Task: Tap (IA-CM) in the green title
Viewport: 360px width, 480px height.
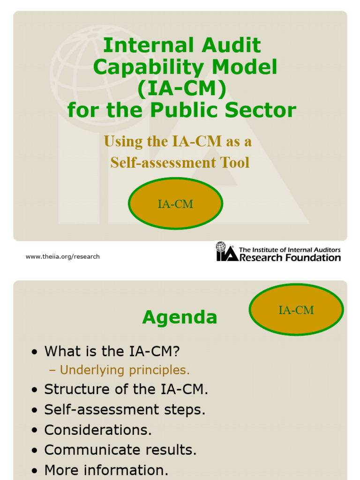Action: coord(181,89)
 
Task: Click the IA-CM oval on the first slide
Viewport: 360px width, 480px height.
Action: coord(175,204)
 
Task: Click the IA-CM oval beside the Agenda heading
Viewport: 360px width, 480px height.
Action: coord(296,310)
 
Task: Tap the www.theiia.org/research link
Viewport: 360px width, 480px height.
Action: coord(62,256)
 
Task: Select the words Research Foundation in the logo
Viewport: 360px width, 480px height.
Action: coord(290,258)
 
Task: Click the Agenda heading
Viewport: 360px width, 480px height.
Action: coord(180,317)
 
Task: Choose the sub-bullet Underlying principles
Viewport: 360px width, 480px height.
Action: coord(125,370)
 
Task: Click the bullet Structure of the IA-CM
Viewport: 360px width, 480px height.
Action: coord(126,389)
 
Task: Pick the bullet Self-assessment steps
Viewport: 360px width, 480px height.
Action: coord(125,410)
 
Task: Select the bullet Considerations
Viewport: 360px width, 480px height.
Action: coord(98,430)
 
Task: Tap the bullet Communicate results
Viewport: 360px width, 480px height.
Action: coord(120,450)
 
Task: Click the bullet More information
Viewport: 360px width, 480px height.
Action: coord(106,470)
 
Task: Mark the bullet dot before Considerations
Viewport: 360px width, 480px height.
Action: coord(34,431)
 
